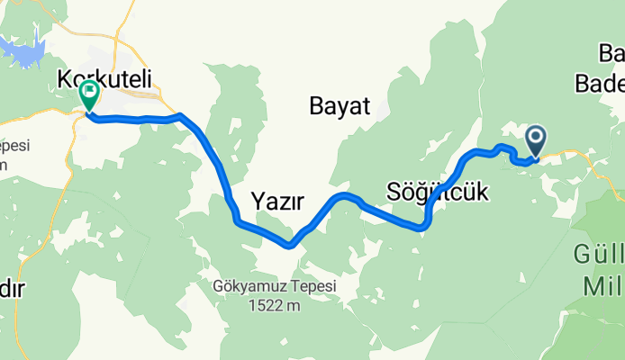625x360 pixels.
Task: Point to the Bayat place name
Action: click(340, 107)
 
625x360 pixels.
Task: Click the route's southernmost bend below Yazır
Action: click(290, 244)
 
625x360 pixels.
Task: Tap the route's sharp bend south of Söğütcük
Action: click(421, 228)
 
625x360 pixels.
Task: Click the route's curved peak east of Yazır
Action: click(341, 194)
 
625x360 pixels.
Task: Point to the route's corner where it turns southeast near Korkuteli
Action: click(183, 116)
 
